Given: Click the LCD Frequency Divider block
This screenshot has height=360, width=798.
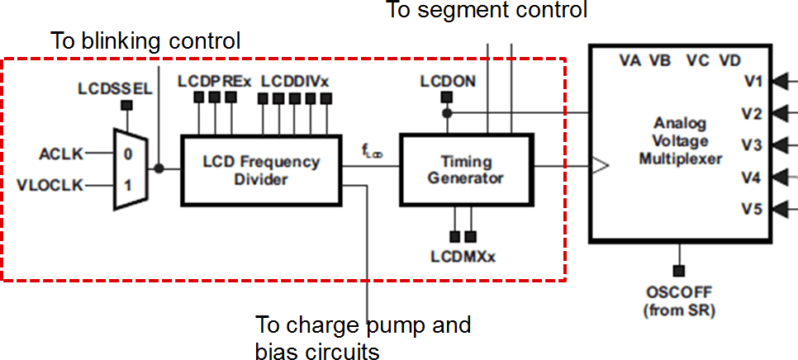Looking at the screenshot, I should point(261,170).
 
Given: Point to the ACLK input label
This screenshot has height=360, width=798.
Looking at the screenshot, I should point(61,154).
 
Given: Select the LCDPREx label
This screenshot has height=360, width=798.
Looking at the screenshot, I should point(214,81).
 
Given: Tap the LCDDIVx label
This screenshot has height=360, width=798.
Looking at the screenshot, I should point(295,81).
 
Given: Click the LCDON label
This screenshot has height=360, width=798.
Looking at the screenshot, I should point(447,81).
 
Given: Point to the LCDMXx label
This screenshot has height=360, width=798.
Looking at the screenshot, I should point(463,257).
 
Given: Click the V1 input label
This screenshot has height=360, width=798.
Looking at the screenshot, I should point(751,81).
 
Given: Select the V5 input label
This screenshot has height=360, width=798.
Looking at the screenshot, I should point(751,209).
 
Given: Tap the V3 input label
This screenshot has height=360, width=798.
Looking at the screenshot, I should point(751,145).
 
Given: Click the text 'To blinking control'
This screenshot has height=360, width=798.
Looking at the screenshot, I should point(145,40).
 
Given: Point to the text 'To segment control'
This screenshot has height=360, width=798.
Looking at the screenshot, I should point(487,10).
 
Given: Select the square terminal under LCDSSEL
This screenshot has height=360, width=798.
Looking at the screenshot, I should point(126,106).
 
